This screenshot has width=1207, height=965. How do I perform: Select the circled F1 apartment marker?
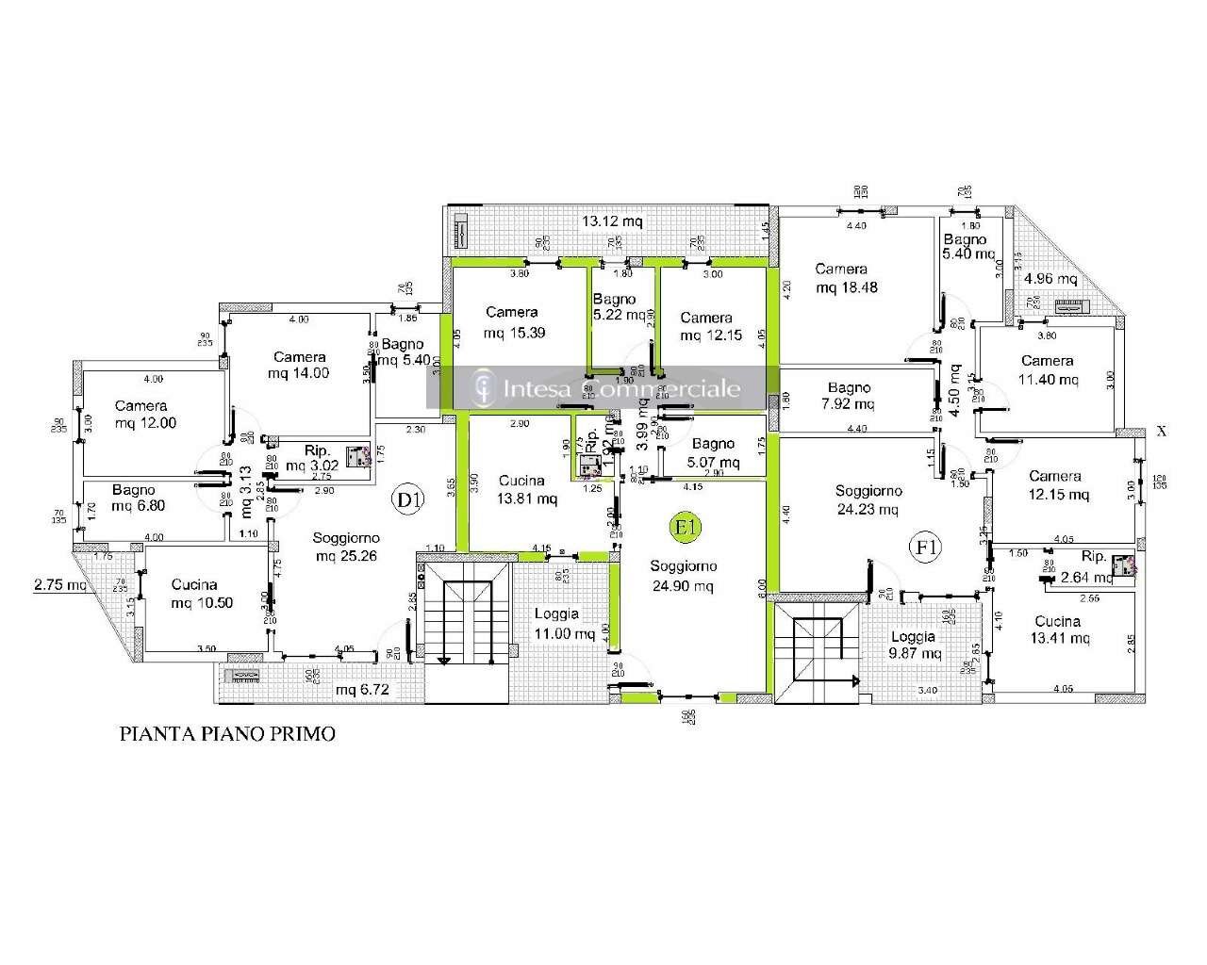(x=924, y=546)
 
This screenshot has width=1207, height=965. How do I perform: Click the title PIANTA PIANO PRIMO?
(x=226, y=733)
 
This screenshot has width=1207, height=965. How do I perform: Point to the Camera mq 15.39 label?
(x=511, y=322)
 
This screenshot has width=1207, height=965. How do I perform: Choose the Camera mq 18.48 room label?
(x=846, y=278)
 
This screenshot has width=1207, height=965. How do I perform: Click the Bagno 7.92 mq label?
(x=849, y=396)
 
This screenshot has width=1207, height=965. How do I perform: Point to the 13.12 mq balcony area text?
(x=612, y=221)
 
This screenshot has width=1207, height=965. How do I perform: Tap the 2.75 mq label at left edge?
(x=60, y=584)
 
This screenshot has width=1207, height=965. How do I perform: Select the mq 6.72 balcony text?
(x=363, y=691)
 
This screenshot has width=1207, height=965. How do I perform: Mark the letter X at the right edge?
(x=1162, y=431)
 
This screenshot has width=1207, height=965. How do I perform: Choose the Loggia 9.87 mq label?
(x=912, y=645)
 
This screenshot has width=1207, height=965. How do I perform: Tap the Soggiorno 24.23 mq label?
(x=868, y=499)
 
